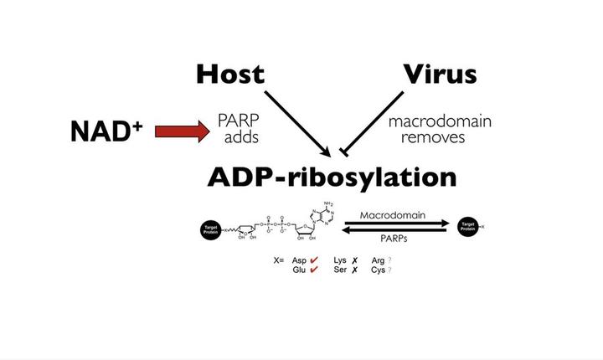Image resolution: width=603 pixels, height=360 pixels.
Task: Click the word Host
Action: pyautogui.click(x=229, y=74)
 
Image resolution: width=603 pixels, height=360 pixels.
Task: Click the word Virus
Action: pyautogui.click(x=440, y=74)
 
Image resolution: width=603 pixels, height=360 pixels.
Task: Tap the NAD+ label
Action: pyautogui.click(x=105, y=131)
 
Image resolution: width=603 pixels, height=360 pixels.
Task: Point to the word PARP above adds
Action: pyautogui.click(x=237, y=121)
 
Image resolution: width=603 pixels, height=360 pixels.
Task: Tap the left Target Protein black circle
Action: pyautogui.click(x=209, y=228)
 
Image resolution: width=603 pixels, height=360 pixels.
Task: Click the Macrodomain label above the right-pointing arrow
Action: pyautogui.click(x=393, y=215)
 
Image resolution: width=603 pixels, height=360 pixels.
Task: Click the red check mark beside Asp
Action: pyautogui.click(x=314, y=260)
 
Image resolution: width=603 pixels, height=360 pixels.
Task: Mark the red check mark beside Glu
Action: pyautogui.click(x=314, y=270)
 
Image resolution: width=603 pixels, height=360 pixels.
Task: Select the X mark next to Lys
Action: pyautogui.click(x=355, y=260)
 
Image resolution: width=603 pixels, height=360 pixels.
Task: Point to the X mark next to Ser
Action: pyautogui.click(x=355, y=270)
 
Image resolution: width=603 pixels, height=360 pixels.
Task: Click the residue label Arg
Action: pyautogui.click(x=378, y=260)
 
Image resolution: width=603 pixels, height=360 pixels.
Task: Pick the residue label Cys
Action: pyautogui.click(x=378, y=270)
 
